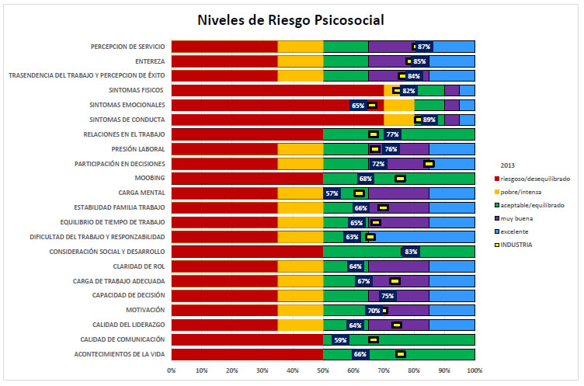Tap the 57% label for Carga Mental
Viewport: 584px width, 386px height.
coord(332,193)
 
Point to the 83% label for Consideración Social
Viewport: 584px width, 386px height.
coord(412,252)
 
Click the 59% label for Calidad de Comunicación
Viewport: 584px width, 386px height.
coord(339,339)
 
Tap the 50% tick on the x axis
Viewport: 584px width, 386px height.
coord(323,370)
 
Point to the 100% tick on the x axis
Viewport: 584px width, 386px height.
coord(474,370)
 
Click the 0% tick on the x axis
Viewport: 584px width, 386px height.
coord(172,370)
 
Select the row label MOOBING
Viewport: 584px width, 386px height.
coord(150,178)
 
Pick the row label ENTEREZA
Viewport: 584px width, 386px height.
coord(148,61)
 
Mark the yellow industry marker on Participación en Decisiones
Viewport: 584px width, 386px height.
coord(429,164)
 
